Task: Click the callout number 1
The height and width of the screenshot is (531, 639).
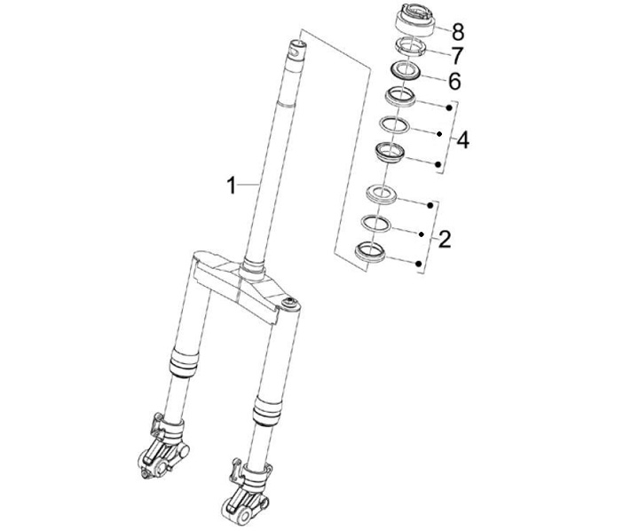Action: pyautogui.click(x=231, y=186)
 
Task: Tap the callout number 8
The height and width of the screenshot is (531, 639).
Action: pyautogui.click(x=458, y=32)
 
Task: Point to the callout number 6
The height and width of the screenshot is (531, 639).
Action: pyautogui.click(x=454, y=81)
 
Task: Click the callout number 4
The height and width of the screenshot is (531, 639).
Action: pyautogui.click(x=462, y=140)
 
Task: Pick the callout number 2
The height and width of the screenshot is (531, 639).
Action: pyautogui.click(x=445, y=240)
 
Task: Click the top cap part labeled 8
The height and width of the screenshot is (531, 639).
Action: pyautogui.click(x=415, y=20)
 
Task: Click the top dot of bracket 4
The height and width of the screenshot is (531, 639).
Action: pyautogui.click(x=449, y=108)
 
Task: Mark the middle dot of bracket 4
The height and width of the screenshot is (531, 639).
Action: pyautogui.click(x=439, y=134)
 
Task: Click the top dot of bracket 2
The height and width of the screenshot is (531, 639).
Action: pyautogui.click(x=430, y=205)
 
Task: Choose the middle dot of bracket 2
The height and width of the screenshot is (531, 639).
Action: pyautogui.click(x=422, y=234)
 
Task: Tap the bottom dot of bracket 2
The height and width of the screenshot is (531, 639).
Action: pyautogui.click(x=419, y=265)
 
